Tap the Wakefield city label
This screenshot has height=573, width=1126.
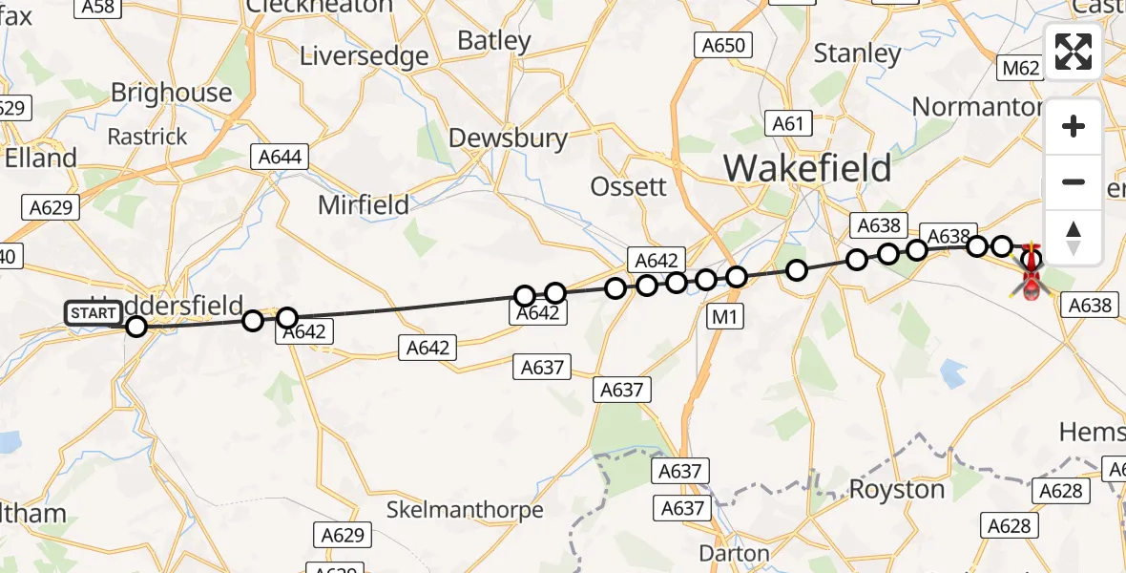coord(807,168)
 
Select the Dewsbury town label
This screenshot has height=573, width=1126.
coord(508,138)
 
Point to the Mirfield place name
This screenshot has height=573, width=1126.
coord(364,204)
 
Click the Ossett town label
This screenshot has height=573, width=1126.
coord(629,186)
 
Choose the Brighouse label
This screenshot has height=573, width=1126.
coord(172,93)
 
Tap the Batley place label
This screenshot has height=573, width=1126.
coord(494,41)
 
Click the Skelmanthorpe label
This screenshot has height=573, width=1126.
coord(465,510)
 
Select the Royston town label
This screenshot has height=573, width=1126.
coord(897,489)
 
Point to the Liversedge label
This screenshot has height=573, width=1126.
coord(365,56)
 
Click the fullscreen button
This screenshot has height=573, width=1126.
coord(1074,52)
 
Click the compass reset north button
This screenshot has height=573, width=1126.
coord(1074,236)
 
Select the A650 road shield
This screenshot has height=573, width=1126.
coord(723,45)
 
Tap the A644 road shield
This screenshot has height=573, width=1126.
coord(280,156)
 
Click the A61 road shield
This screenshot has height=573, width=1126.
coord(789,123)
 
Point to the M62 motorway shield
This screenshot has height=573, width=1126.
coord(1020,68)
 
